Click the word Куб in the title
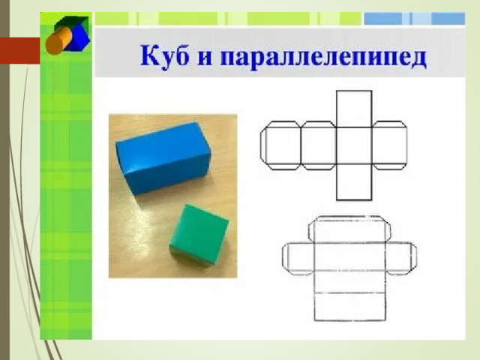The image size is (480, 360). (164, 55)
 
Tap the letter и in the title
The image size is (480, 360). (205, 58)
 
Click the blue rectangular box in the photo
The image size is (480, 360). (163, 158)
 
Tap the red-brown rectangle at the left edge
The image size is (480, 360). (20, 50)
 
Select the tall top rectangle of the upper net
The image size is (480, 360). (354, 109)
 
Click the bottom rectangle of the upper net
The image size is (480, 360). (354, 182)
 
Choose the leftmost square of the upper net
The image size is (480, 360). (283, 145)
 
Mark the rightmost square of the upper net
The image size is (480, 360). (389, 145)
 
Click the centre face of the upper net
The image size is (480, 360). (354, 145)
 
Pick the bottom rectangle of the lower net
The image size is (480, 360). (350, 307)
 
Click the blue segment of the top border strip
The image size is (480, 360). (415, 19)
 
